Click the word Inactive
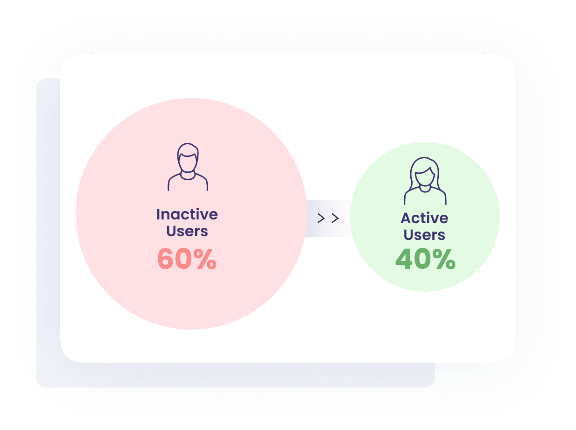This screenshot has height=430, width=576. pyautogui.click(x=187, y=214)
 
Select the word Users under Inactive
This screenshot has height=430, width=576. pyautogui.click(x=187, y=231)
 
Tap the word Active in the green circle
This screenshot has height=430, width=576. pyautogui.click(x=424, y=218)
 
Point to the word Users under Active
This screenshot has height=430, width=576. pyautogui.click(x=424, y=235)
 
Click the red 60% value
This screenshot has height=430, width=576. pyautogui.click(x=187, y=259)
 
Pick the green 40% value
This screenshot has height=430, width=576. pyautogui.click(x=425, y=259)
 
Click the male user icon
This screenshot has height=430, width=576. pyautogui.click(x=188, y=167)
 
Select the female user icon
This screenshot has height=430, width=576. pyautogui.click(x=425, y=181)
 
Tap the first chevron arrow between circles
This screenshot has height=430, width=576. pyautogui.click(x=321, y=219)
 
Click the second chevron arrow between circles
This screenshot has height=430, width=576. pyautogui.click(x=335, y=219)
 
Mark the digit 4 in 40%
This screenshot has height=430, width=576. pyautogui.click(x=404, y=259)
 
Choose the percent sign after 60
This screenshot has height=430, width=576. pyautogui.click(x=206, y=259)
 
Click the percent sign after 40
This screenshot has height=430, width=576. pyautogui.click(x=444, y=259)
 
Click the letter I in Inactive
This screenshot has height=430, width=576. pyautogui.click(x=158, y=214)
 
